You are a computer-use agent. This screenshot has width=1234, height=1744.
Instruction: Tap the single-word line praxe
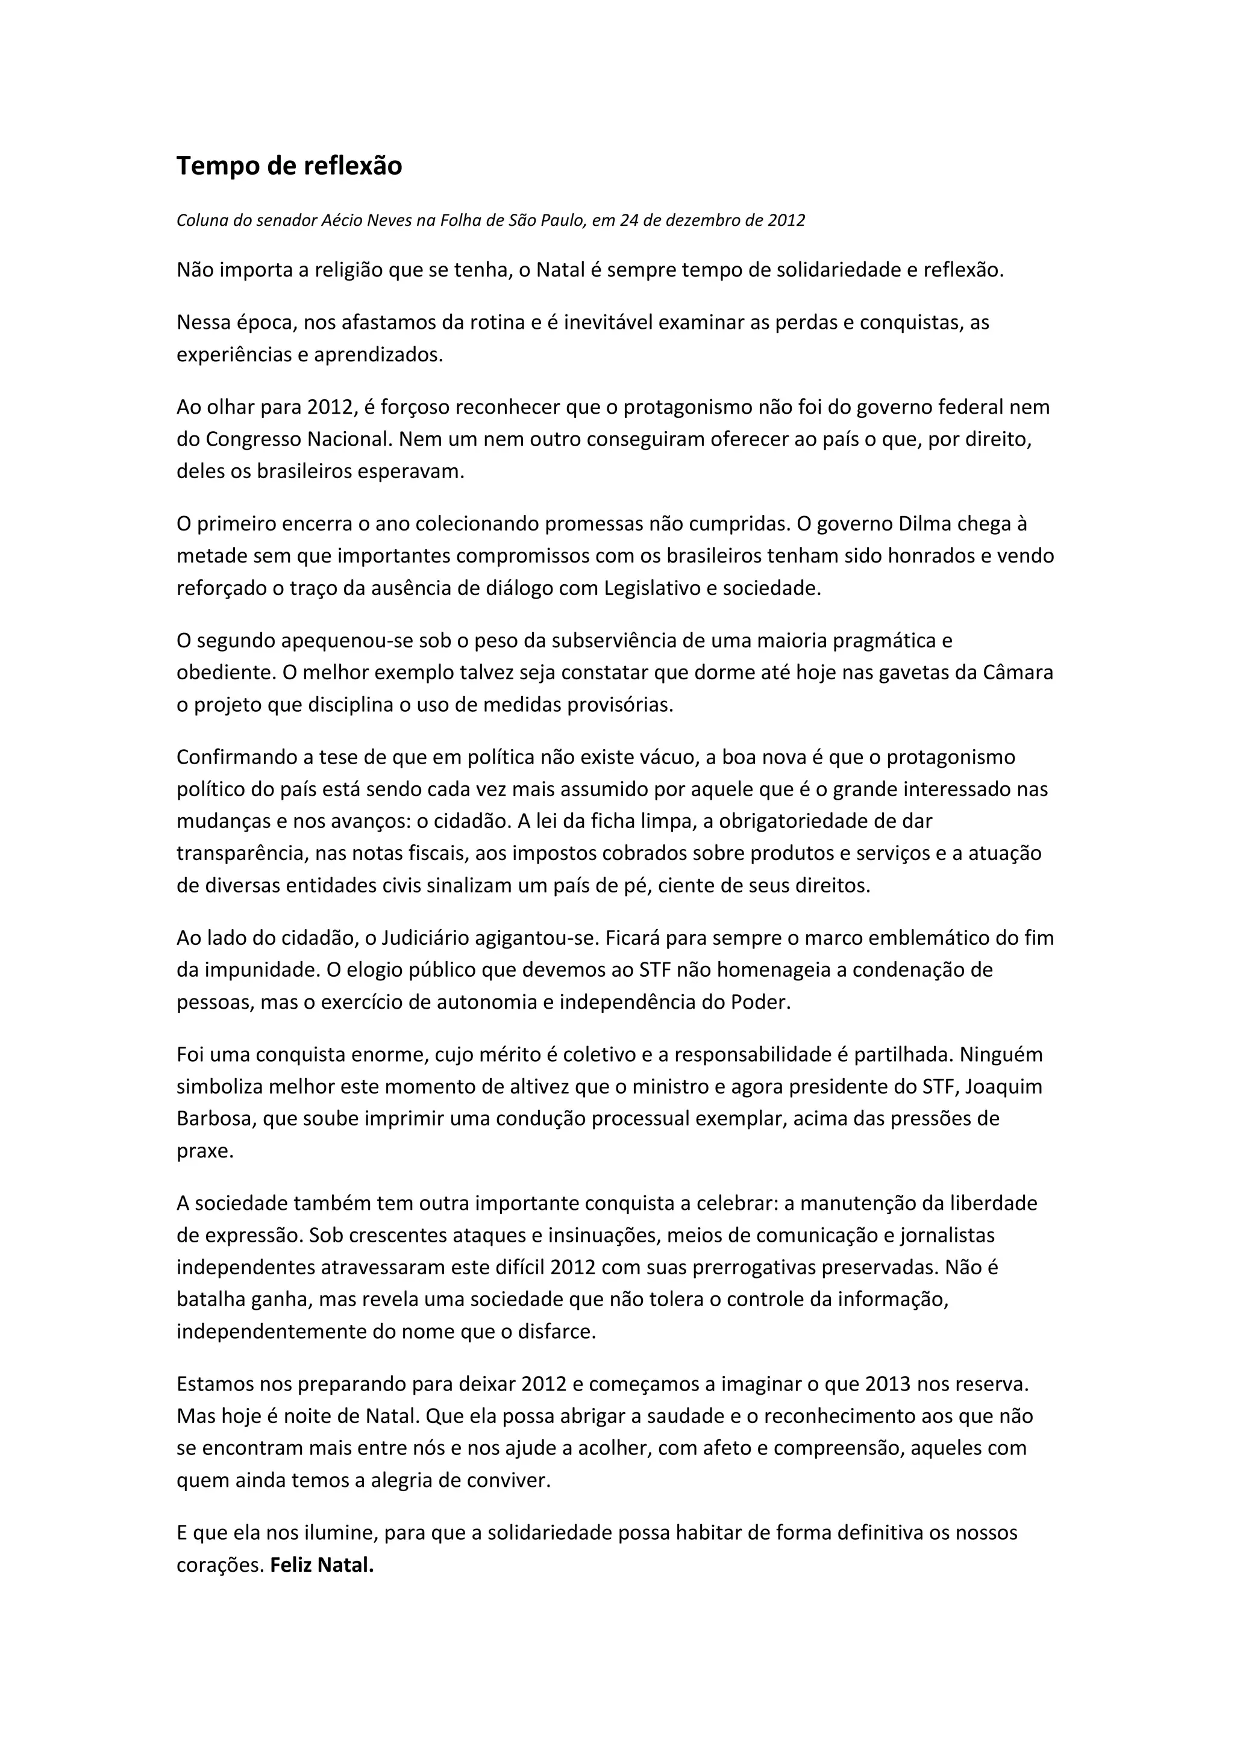tap(204, 1151)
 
